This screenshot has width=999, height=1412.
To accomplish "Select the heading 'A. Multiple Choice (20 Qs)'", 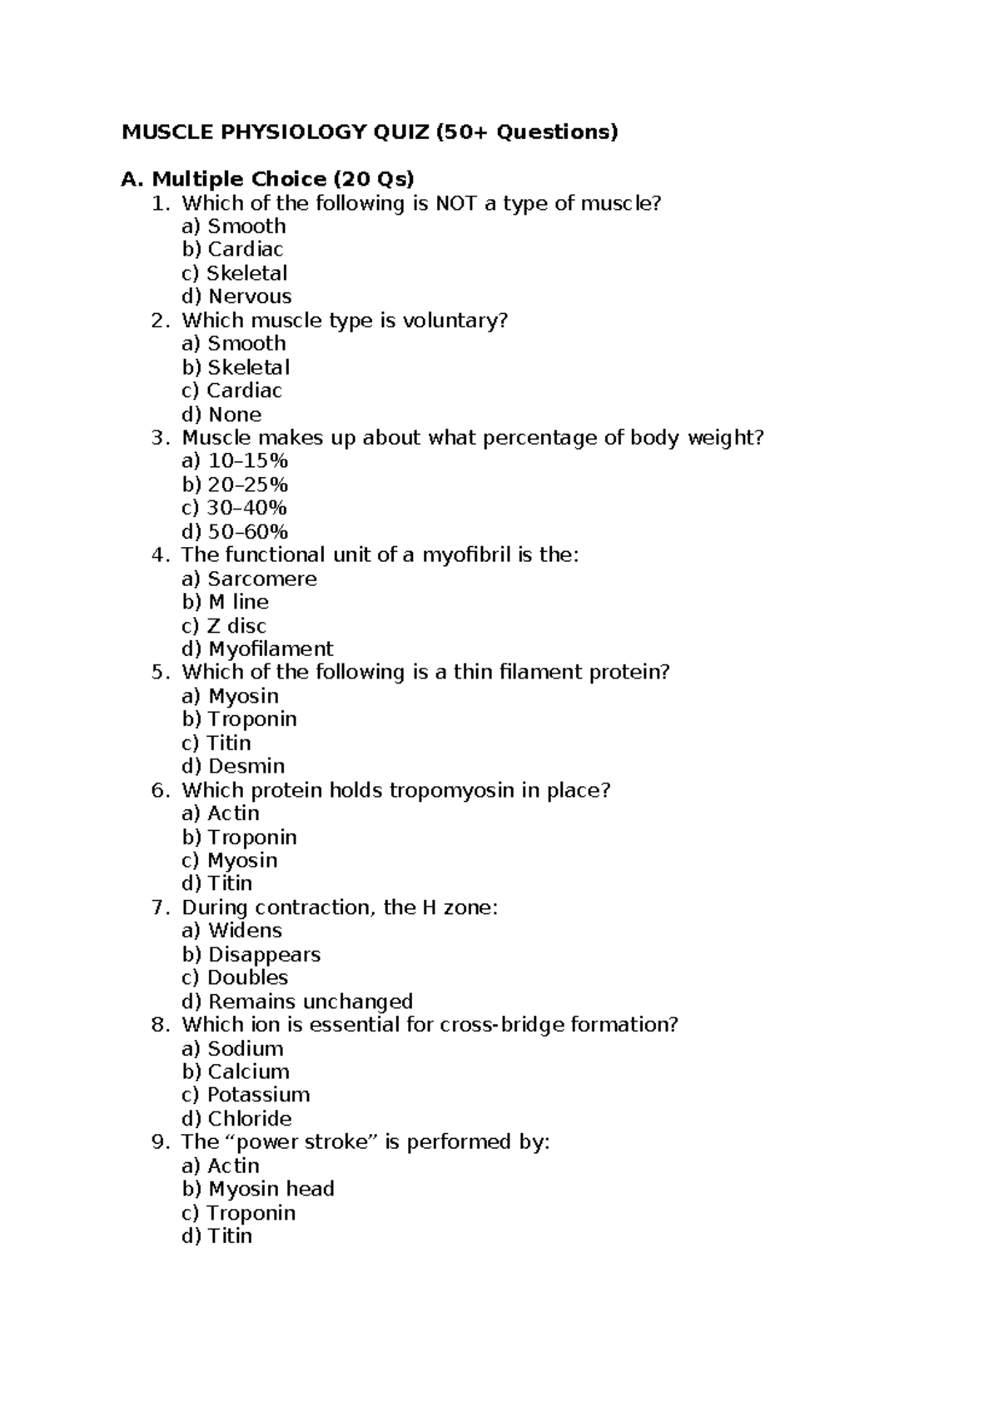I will click(267, 179).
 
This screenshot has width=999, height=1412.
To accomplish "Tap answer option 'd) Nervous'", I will click(236, 296).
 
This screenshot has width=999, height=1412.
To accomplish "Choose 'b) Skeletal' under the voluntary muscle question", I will click(236, 367).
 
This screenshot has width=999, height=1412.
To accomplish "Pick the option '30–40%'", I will click(234, 508).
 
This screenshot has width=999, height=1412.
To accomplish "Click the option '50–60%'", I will click(235, 531).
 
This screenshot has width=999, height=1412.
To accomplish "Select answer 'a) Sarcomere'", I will click(249, 579).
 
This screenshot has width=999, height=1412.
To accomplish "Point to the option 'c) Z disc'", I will click(224, 625).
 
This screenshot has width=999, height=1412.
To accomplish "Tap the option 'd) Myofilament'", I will click(257, 649).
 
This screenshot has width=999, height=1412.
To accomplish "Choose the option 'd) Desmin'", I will click(233, 766).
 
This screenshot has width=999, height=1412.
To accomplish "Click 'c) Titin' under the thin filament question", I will click(216, 743).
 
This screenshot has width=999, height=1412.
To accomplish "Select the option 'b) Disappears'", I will click(251, 954).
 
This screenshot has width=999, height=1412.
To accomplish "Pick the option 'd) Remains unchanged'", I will click(297, 1001).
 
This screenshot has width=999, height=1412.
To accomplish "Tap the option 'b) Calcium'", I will click(236, 1071).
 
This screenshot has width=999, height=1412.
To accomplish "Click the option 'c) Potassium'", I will click(246, 1095).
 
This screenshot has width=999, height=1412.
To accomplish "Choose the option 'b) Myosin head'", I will click(258, 1189).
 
